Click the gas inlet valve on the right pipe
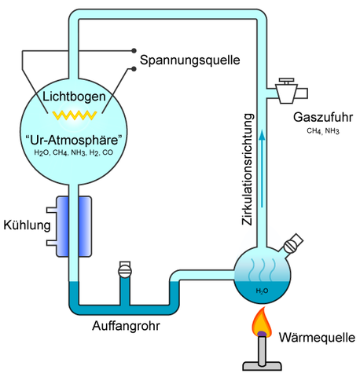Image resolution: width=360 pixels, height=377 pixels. (x=288, y=91)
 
